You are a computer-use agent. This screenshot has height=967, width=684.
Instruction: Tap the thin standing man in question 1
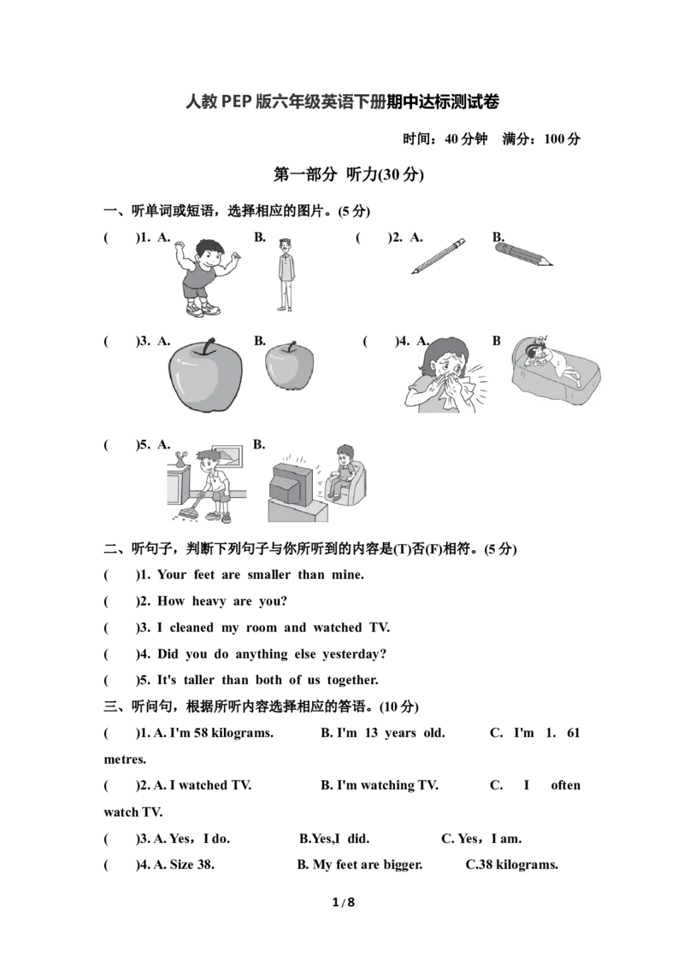(286, 276)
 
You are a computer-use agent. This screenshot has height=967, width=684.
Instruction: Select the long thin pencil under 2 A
(439, 256)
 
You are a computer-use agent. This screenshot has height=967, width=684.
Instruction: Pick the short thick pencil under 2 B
(522, 254)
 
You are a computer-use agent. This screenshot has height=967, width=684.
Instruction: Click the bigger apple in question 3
(205, 376)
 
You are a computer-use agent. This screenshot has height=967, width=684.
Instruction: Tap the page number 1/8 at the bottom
(344, 902)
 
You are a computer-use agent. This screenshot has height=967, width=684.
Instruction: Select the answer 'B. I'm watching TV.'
(379, 785)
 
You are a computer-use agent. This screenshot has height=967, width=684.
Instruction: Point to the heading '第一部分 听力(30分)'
(349, 175)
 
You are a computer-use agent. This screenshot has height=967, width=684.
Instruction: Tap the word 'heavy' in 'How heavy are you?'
(209, 601)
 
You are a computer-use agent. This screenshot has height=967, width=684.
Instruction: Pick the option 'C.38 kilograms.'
(512, 864)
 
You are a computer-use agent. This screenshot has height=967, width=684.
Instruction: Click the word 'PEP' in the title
(237, 102)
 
